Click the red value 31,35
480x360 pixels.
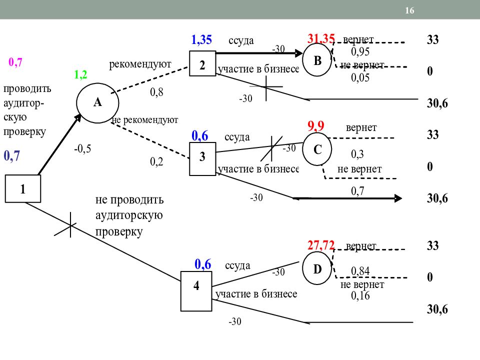(x=321, y=38)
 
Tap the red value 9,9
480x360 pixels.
(x=315, y=126)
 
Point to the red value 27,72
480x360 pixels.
(x=321, y=245)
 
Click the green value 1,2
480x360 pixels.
(x=80, y=74)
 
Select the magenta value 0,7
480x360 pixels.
(x=15, y=62)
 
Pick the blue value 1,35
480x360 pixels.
(x=201, y=40)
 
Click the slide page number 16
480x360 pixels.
(x=409, y=10)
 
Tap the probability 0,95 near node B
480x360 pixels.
(x=360, y=51)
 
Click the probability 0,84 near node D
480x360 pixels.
(x=360, y=271)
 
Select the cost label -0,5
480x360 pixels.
(x=82, y=149)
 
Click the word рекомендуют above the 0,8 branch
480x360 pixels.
(x=140, y=64)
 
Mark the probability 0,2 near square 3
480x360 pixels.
(x=156, y=161)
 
